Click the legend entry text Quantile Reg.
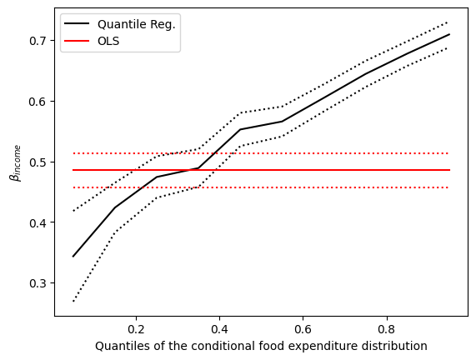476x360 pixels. (136, 24)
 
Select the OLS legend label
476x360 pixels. (110, 41)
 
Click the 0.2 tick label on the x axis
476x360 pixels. (136, 328)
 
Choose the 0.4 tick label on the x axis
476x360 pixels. (219, 328)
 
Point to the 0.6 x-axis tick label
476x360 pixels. (303, 328)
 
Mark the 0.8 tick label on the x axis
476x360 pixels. (386, 328)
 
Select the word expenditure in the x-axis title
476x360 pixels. (327, 345)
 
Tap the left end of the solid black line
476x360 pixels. (73, 257)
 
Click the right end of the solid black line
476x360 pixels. (449, 34)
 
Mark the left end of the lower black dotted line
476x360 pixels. (73, 301)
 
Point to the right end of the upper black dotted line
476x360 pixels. (449, 22)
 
